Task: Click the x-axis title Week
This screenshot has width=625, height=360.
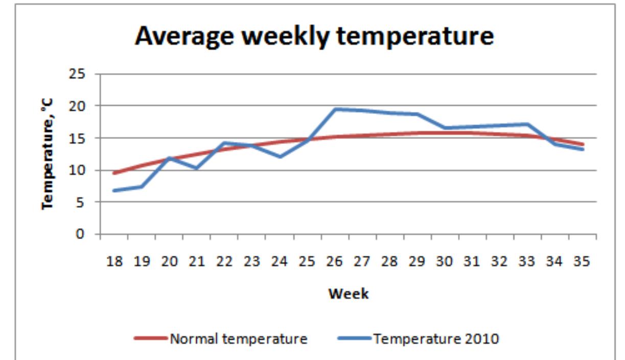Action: [348, 294]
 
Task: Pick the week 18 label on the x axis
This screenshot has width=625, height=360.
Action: [114, 261]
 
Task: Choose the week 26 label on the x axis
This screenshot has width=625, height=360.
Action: [334, 261]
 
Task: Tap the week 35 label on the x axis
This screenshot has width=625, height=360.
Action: [582, 261]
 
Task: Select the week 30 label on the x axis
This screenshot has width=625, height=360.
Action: [444, 261]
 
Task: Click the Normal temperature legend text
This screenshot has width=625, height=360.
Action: [239, 339]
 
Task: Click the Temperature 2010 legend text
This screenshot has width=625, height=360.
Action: [436, 339]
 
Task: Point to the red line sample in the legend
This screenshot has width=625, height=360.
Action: [151, 339]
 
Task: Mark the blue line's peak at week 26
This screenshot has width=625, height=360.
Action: [335, 109]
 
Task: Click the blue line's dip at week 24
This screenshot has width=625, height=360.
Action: [280, 156]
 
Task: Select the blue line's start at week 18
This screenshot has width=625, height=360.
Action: [114, 190]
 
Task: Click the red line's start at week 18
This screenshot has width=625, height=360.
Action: [114, 173]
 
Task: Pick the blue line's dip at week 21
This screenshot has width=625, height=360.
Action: [197, 167]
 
